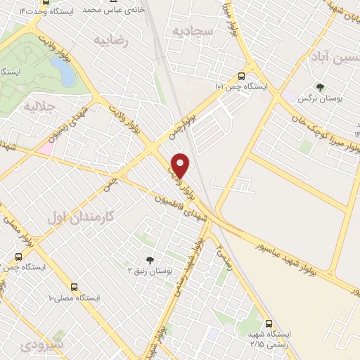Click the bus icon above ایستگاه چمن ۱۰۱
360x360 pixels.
[242, 76]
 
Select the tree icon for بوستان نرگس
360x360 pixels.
[321, 88]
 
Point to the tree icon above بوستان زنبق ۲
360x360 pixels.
[148, 259]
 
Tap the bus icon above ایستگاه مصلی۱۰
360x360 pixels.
[74, 288]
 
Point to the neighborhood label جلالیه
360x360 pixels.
[39, 107]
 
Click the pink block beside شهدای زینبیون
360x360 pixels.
[45, 148]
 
